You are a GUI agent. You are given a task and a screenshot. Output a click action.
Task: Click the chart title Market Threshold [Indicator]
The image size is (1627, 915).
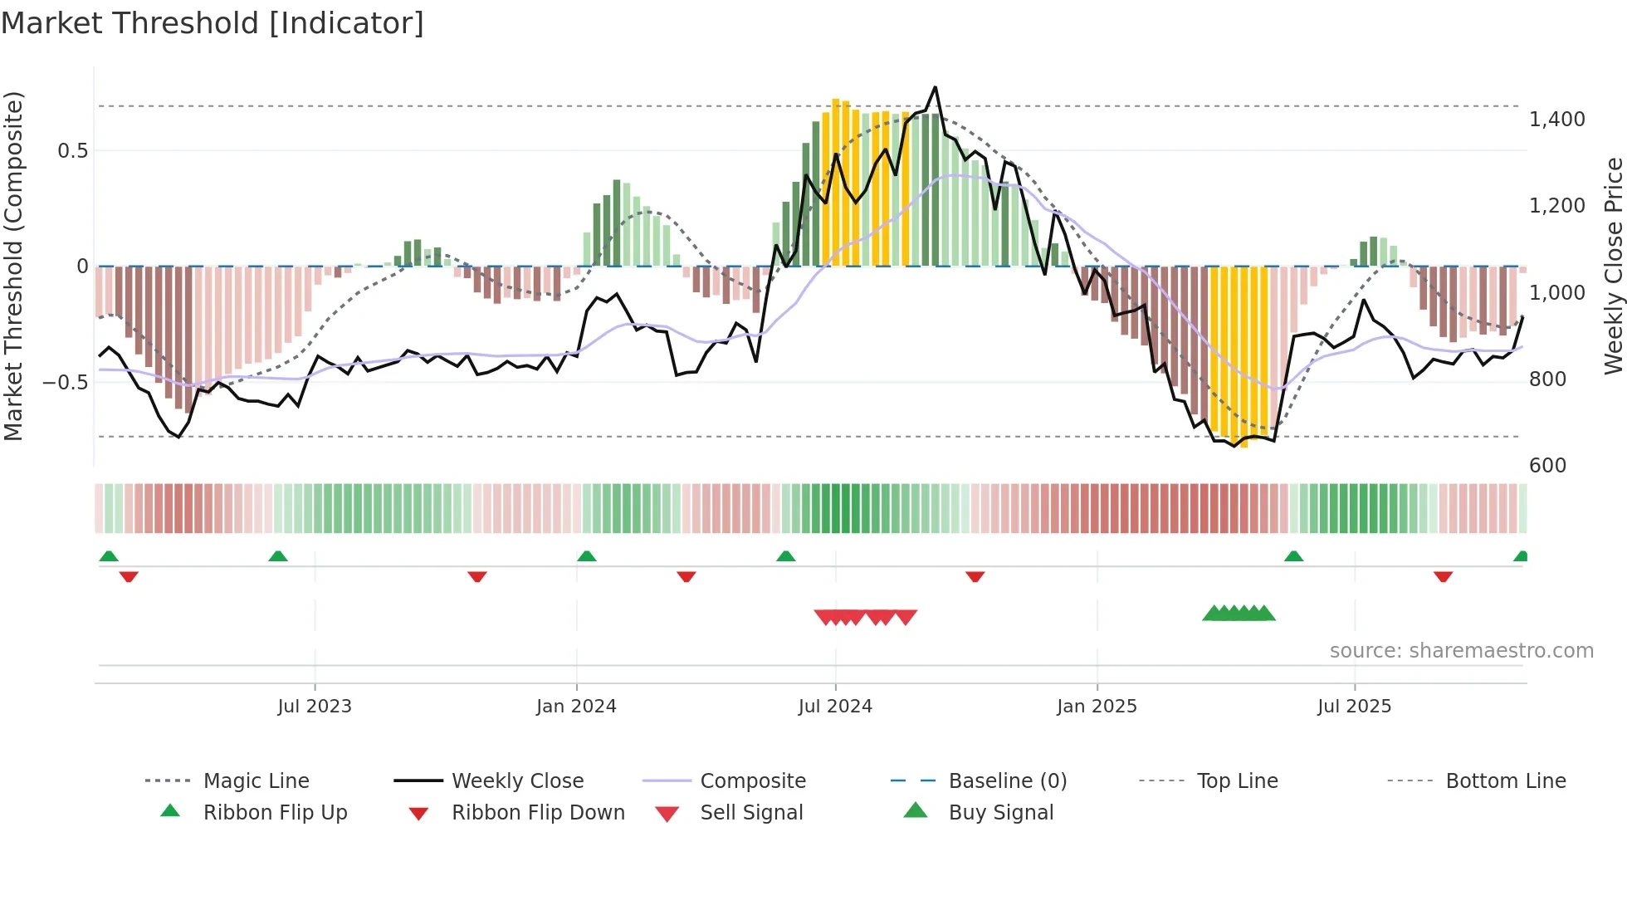pyautogui.click(x=213, y=23)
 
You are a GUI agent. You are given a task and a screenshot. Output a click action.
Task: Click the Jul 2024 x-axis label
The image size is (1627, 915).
pyautogui.click(x=835, y=706)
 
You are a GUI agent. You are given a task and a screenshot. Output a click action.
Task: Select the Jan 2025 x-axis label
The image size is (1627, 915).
pyautogui.click(x=1097, y=706)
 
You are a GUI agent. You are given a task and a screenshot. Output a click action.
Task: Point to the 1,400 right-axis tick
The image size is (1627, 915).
pyautogui.click(x=1556, y=120)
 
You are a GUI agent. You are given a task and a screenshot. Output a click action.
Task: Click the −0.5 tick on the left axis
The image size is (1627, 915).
pyautogui.click(x=66, y=382)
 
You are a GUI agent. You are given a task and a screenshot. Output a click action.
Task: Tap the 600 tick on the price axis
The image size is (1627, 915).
pyautogui.click(x=1547, y=465)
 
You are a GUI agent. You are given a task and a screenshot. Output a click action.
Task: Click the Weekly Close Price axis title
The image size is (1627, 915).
pyautogui.click(x=1613, y=266)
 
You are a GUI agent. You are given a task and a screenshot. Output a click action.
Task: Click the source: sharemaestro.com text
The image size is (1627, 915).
pyautogui.click(x=1461, y=650)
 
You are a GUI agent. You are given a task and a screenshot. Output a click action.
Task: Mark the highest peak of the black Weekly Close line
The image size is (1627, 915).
pyautogui.click(x=936, y=87)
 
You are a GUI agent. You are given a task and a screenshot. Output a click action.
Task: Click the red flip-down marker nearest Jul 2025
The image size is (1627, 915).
pyautogui.click(x=1443, y=576)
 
